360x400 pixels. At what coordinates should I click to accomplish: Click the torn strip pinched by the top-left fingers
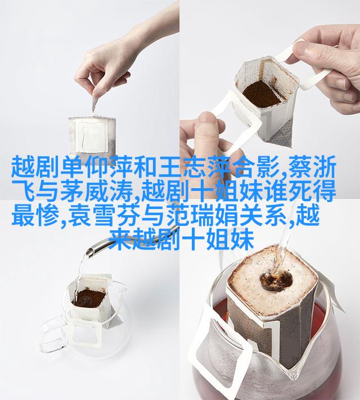[94, 104]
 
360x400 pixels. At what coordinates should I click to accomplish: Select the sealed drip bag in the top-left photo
[92, 137]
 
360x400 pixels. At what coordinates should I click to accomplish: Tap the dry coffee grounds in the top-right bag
[262, 94]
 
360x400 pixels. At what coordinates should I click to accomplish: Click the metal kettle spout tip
[89, 253]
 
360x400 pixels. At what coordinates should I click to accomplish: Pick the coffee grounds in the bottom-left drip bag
[89, 298]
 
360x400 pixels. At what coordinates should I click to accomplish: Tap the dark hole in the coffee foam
[276, 280]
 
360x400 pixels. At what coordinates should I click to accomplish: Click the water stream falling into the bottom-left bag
[80, 275]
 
